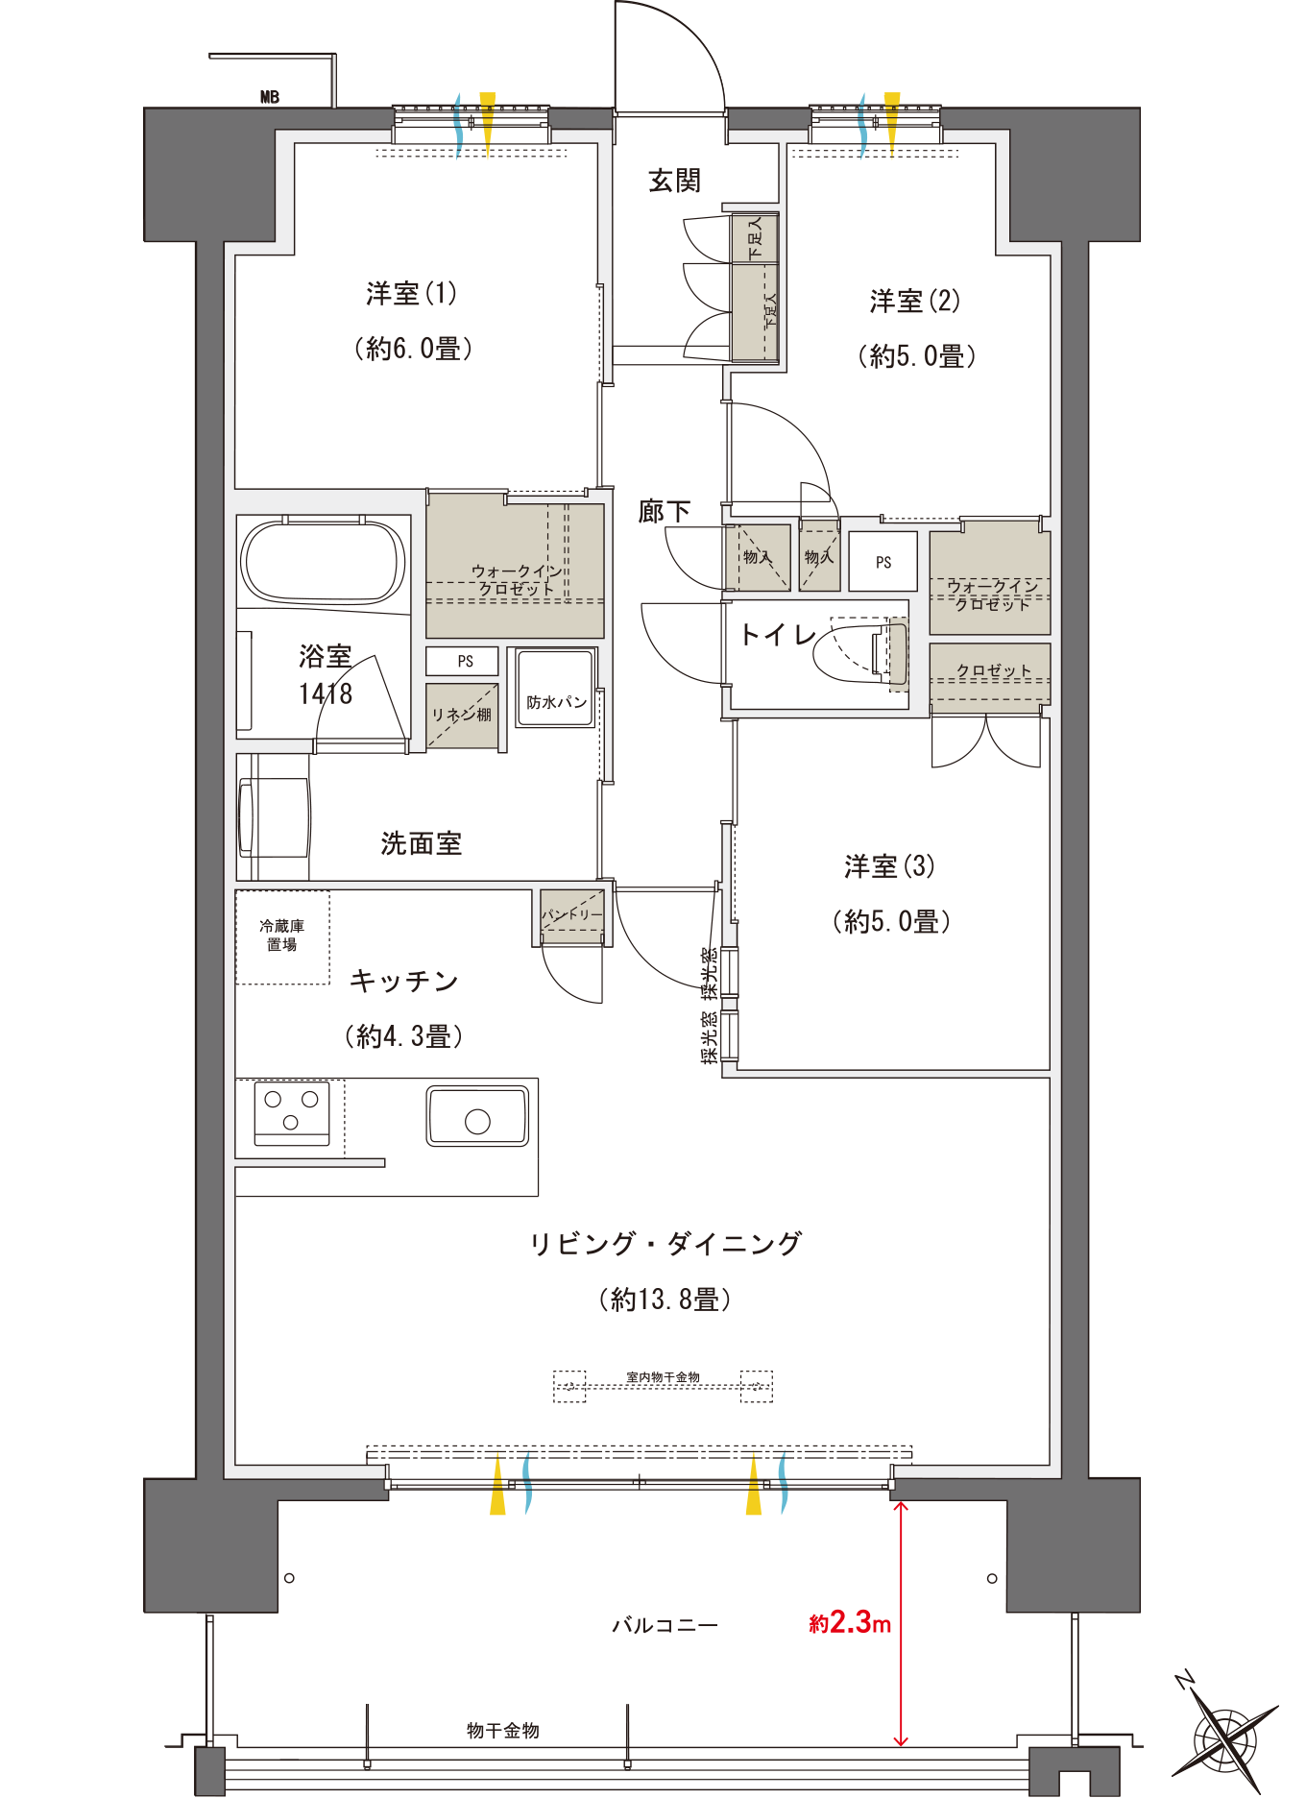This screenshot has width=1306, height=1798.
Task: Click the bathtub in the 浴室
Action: [323, 563]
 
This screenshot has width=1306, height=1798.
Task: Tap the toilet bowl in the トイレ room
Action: [858, 652]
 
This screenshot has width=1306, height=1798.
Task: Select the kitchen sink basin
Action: [477, 1116]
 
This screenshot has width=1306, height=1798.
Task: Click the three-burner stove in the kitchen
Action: [292, 1113]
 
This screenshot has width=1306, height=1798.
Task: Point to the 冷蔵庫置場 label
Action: [282, 935]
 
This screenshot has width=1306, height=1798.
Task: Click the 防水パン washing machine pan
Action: [555, 689]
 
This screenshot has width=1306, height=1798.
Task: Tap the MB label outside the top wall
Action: [270, 97]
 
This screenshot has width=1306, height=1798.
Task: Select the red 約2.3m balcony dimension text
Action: [850, 1622]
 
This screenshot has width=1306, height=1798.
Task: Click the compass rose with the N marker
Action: [1224, 1735]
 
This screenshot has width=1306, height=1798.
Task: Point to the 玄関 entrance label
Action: [674, 181]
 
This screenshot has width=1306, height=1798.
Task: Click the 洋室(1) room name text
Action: [411, 293]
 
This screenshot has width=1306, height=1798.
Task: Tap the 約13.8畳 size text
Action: [665, 1300]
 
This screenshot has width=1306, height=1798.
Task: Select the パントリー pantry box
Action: [572, 913]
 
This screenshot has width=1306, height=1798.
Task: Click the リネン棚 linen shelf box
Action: [462, 716]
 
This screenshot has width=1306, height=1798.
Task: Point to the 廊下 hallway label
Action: [665, 511]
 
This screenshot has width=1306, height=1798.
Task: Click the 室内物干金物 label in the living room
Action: [663, 1377]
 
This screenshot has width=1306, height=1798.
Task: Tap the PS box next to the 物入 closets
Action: [883, 562]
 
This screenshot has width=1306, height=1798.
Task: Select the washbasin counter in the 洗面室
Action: [274, 816]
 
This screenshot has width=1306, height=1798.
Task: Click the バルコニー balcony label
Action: [665, 1625]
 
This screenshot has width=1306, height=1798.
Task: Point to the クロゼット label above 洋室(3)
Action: [993, 670]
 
